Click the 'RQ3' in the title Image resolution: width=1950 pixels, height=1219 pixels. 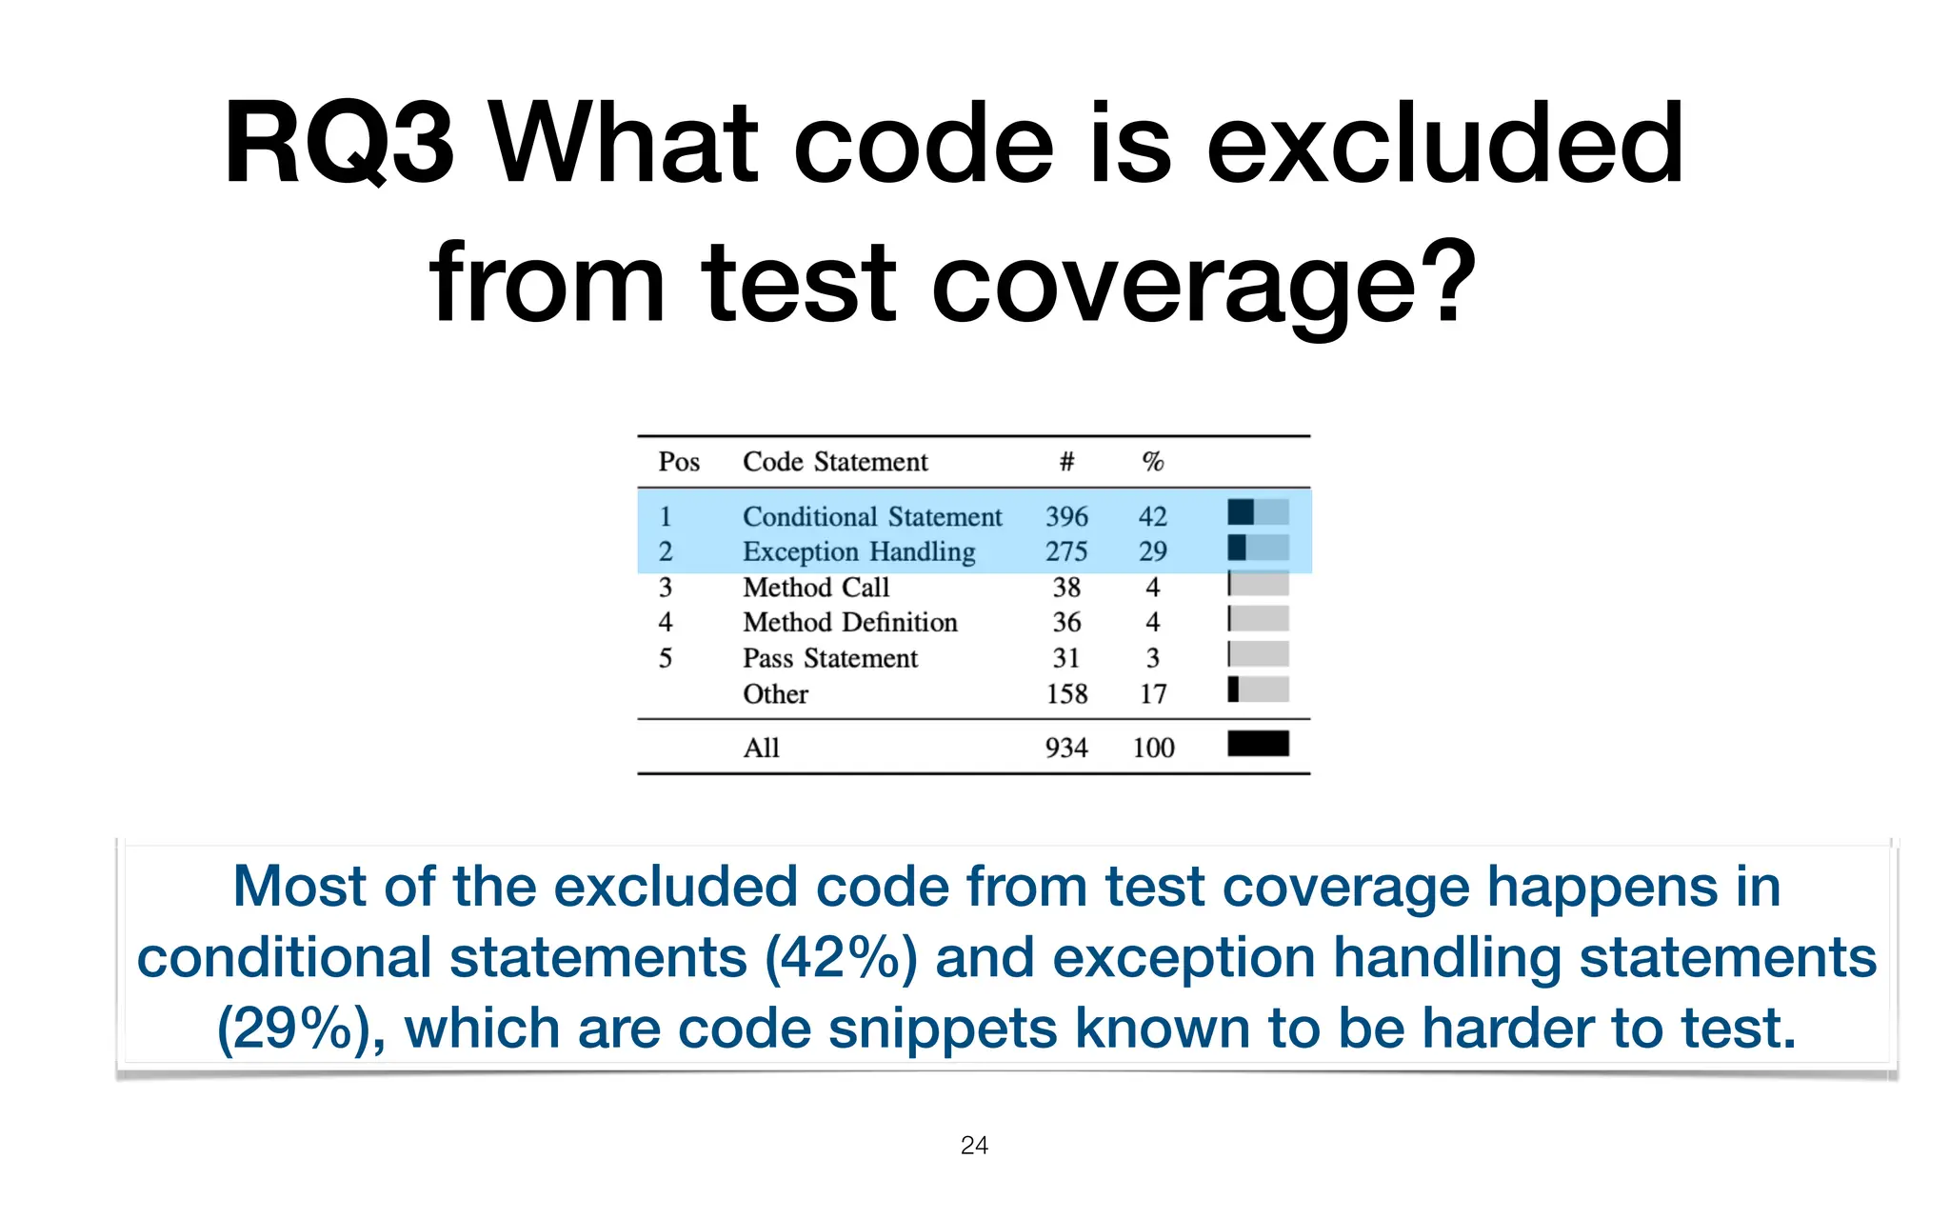pos(338,145)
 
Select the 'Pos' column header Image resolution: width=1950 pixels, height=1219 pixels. pos(679,462)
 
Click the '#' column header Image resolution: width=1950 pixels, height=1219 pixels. pos(1066,462)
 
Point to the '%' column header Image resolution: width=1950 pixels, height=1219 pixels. pos(1153,462)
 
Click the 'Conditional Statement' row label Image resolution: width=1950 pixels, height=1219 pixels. pos(872,516)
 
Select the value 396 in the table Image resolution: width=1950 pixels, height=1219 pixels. pos(1066,516)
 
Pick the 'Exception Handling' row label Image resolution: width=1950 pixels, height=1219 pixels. pos(859,551)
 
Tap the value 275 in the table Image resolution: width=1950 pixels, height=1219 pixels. pos(1066,551)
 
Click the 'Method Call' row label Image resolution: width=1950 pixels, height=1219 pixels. pos(816,587)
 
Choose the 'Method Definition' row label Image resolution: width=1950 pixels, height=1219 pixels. pos(850,622)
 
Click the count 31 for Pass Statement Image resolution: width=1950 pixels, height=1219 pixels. pos(1066,658)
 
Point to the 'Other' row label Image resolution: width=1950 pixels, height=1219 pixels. pos(775,693)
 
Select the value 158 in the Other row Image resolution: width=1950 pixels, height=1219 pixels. pos(1066,693)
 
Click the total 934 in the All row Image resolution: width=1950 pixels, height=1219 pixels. pos(1066,748)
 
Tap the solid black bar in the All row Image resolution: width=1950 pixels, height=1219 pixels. pos(1258,744)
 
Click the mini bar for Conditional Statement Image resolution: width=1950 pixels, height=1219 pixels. pos(1258,512)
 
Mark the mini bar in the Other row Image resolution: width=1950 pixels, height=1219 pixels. pos(1258,689)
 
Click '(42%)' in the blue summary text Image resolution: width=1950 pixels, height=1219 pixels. pos(841,958)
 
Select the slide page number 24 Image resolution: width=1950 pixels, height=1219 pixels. pos(974,1146)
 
